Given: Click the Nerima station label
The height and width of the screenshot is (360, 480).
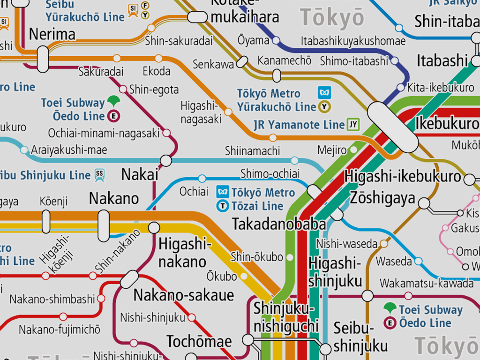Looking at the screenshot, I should tap(52, 34).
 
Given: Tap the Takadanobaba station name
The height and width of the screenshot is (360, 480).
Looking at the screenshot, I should tap(279, 224).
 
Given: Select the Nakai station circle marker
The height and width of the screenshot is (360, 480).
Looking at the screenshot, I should tap(166, 161).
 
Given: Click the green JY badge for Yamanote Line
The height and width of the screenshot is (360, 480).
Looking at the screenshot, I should tap(353, 125).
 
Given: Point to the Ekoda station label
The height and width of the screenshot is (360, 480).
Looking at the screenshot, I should tap(157, 72).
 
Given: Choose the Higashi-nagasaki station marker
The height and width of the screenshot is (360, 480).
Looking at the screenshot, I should tap(228, 112).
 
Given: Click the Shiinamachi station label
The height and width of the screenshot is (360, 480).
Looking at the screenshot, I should tap(252, 151).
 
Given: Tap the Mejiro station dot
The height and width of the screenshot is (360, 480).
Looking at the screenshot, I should tap(353, 150).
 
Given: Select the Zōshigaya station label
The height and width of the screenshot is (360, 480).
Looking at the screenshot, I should tap(382, 198).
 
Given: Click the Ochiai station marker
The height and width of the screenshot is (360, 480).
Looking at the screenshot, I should tap(202, 178).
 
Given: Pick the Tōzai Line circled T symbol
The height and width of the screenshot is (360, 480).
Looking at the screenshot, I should tap(223, 206).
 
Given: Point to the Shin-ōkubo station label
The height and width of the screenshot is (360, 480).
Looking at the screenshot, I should tap(257, 257).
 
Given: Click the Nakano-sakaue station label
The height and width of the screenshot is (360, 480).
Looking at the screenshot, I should tap(183, 295).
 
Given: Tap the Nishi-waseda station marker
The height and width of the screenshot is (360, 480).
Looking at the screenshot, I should tap(384, 243).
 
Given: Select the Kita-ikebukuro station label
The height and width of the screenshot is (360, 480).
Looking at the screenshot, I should tap(441, 88).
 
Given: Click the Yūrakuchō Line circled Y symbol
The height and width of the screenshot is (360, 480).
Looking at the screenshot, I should tap(323, 107).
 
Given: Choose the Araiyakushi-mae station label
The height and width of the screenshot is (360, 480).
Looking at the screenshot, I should tap(69, 150).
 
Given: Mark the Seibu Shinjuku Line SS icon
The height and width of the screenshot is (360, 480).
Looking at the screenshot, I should tap(99, 175).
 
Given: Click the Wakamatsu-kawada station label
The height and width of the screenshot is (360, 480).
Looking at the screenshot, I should tap(427, 283).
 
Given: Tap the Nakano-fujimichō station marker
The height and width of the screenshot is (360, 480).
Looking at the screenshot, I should tap(63, 317).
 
